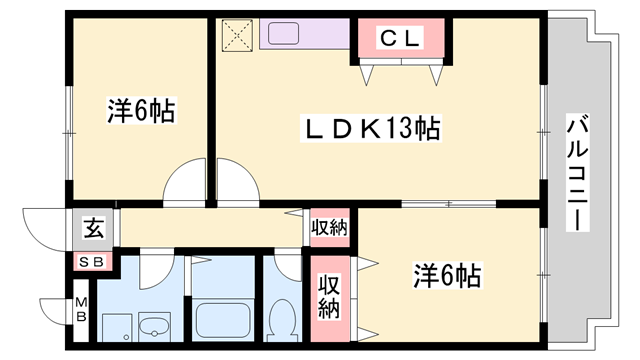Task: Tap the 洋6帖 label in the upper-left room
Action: tap(141, 111)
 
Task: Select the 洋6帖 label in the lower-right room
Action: tap(447, 274)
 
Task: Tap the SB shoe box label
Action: tap(91, 262)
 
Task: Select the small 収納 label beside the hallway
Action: tap(329, 227)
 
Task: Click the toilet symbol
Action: tap(282, 321)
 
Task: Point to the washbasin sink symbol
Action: tap(154, 326)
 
